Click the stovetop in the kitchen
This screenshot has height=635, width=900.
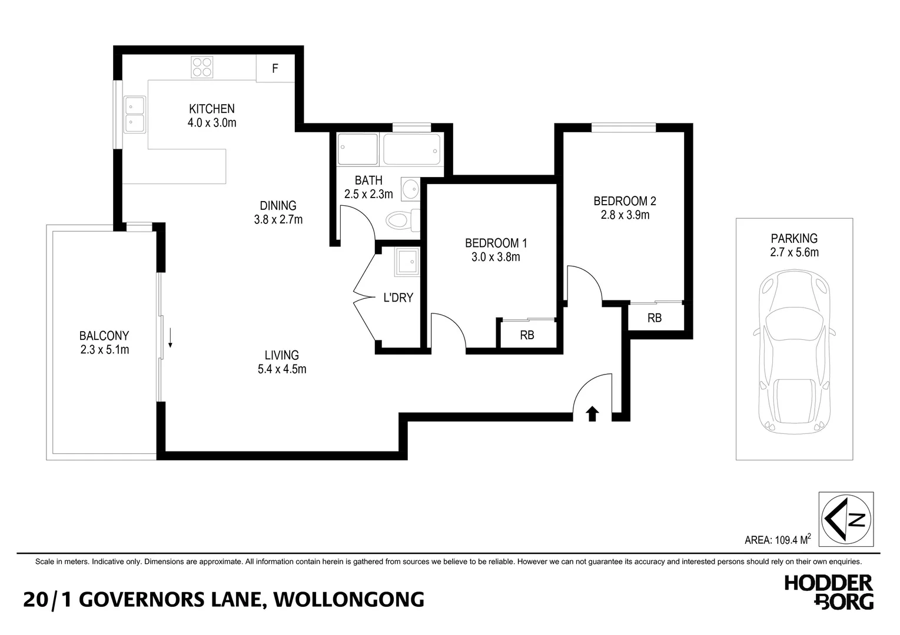(x=202, y=67)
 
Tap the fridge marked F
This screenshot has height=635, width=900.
(x=275, y=69)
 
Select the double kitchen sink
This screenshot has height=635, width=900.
(x=135, y=115)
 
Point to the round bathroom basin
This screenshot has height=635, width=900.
(x=411, y=189)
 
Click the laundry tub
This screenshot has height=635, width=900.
(x=407, y=262)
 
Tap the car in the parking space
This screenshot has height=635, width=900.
(x=794, y=352)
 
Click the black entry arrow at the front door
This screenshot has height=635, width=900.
(x=592, y=414)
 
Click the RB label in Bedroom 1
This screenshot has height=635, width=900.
(x=527, y=335)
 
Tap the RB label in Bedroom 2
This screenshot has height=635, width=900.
(x=655, y=318)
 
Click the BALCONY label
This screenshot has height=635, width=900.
(x=104, y=336)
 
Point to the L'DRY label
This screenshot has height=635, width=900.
(x=398, y=298)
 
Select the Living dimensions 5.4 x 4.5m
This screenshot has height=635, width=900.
(x=282, y=369)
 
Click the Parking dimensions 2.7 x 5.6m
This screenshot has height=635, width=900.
(x=794, y=252)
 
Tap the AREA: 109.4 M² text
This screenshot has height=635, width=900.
(x=778, y=540)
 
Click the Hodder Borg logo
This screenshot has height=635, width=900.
(x=829, y=592)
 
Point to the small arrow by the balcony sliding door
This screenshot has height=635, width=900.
(x=170, y=337)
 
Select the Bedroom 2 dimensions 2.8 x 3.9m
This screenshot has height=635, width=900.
(x=625, y=215)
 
